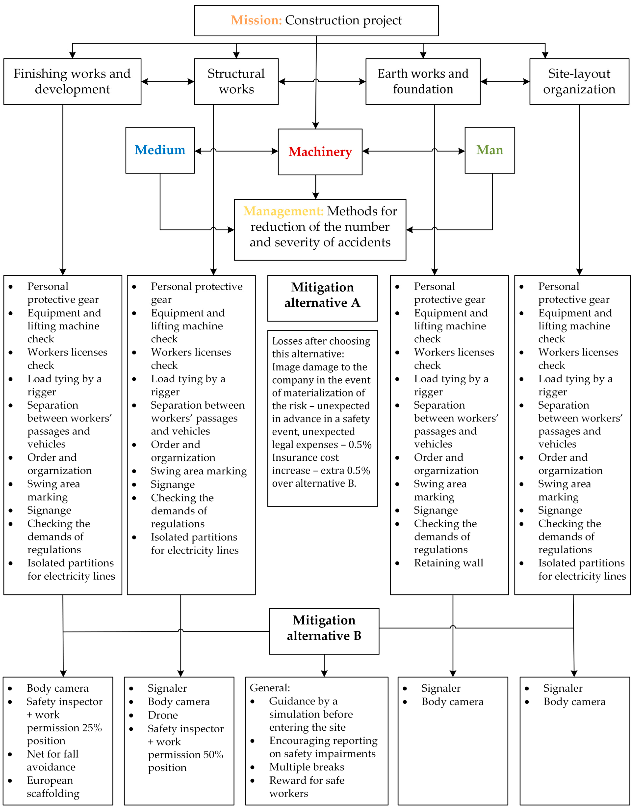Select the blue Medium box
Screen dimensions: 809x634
pos(160,150)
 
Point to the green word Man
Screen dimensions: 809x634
pos(490,150)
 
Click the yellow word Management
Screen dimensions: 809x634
pos(283,211)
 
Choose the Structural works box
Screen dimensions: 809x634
pos(236,81)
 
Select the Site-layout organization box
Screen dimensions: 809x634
pos(579,81)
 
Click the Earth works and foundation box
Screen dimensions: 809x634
pos(423,81)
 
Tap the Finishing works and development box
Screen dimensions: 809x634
pos(72,81)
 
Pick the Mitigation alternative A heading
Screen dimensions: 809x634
pos(322,295)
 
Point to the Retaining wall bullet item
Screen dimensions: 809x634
pos(448,563)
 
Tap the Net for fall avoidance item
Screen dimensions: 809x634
pos(53,760)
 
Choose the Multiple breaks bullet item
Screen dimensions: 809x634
pos(307,767)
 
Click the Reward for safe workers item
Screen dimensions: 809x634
pos(307,787)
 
